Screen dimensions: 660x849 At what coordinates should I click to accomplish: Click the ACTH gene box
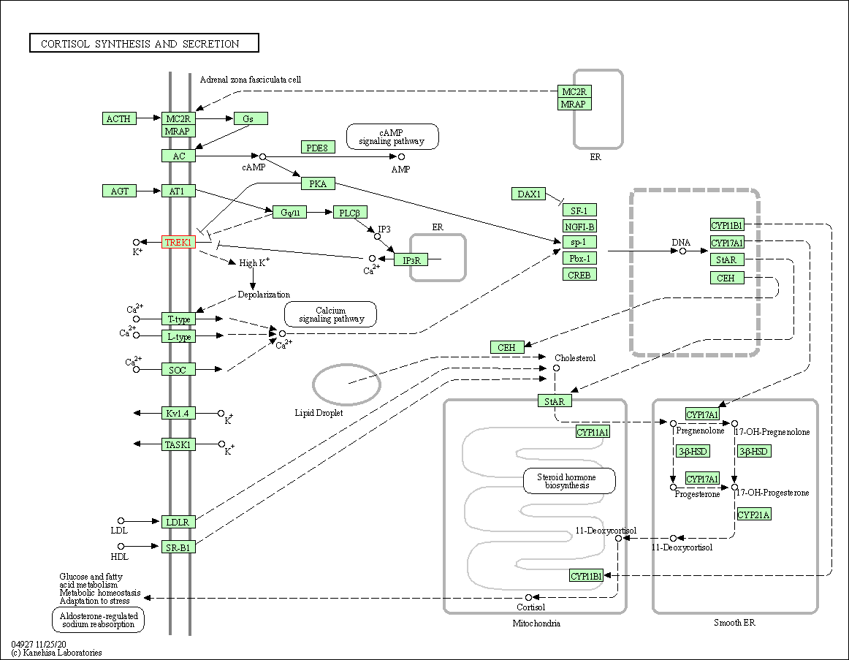(x=119, y=118)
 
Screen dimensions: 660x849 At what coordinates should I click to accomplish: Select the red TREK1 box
(x=178, y=242)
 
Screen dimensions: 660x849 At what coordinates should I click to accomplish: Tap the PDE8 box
(x=318, y=148)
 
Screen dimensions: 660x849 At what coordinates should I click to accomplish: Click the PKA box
(x=318, y=183)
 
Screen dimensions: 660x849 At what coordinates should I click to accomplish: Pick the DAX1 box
(x=529, y=194)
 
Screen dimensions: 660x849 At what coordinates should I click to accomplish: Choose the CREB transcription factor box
(x=579, y=275)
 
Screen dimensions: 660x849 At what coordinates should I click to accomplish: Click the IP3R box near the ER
(x=411, y=259)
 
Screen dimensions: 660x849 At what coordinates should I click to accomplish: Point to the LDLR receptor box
(x=178, y=522)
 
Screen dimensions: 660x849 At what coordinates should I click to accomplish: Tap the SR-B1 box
(x=178, y=546)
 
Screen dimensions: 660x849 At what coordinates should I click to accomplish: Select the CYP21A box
(x=754, y=515)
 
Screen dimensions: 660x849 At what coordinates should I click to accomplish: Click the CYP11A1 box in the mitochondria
(x=593, y=432)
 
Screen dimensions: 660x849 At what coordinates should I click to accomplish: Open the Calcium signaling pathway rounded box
(x=330, y=314)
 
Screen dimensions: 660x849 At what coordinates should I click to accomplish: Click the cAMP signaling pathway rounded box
(x=392, y=137)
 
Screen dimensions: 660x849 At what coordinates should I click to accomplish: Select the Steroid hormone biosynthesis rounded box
(x=569, y=481)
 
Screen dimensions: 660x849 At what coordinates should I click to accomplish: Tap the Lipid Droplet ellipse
(x=346, y=384)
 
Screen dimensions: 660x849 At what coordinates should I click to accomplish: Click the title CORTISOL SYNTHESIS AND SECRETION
(x=144, y=44)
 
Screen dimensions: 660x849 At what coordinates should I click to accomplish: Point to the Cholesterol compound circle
(x=556, y=368)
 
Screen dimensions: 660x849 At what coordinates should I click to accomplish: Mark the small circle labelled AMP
(x=401, y=156)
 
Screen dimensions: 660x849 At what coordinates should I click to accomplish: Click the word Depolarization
(x=264, y=295)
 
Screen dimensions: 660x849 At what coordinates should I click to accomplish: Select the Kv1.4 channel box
(x=178, y=414)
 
